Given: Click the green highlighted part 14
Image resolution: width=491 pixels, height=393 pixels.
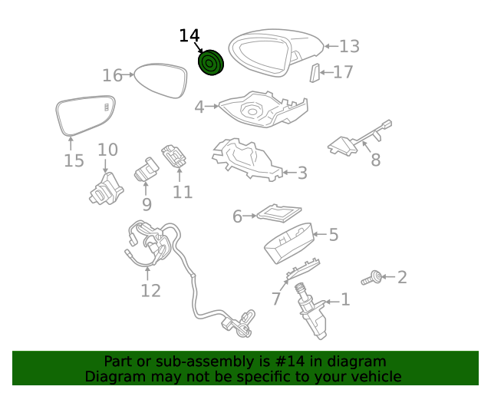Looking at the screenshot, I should [211, 63].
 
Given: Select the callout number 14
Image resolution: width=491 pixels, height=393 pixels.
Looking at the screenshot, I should [189, 35].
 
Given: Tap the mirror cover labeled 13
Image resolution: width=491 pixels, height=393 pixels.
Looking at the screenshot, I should [276, 52].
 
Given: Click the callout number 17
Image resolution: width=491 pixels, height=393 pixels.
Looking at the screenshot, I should [343, 72].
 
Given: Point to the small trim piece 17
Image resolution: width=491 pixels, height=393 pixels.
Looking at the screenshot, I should [315, 73].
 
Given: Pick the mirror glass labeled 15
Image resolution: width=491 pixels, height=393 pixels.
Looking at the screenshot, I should [84, 115].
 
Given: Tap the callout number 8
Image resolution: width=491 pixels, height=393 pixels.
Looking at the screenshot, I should [375, 160].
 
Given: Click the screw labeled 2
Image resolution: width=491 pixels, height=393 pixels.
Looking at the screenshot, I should [376, 277].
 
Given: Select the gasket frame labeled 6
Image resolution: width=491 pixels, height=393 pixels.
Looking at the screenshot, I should [278, 213].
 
